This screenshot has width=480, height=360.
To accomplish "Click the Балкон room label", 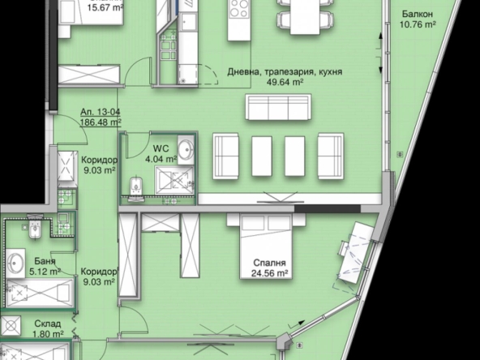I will (417, 15).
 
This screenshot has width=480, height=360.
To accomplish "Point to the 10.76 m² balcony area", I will (417, 25).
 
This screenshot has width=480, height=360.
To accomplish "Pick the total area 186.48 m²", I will (95, 124).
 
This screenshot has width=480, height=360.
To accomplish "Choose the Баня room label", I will (45, 261).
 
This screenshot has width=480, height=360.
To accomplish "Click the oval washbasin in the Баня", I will (16, 263).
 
